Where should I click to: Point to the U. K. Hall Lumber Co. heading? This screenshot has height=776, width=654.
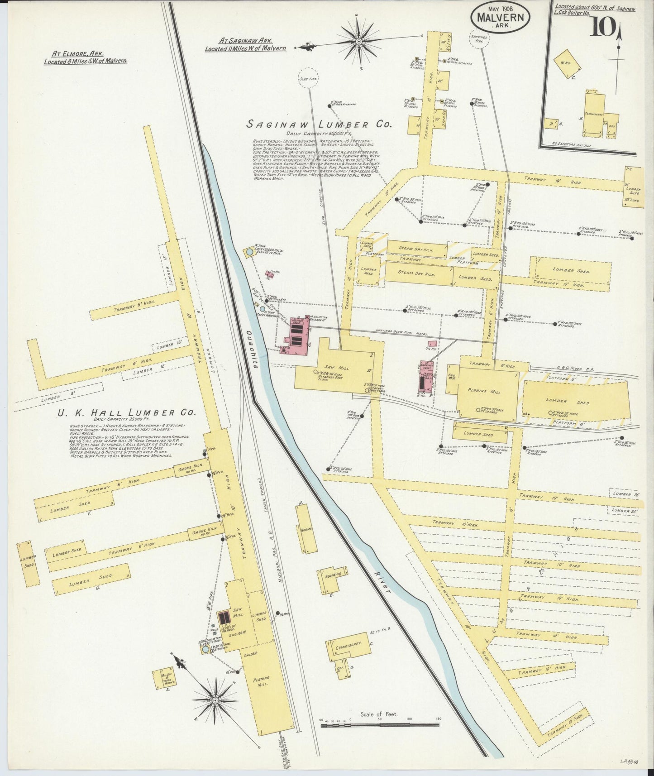tap(126, 412)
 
